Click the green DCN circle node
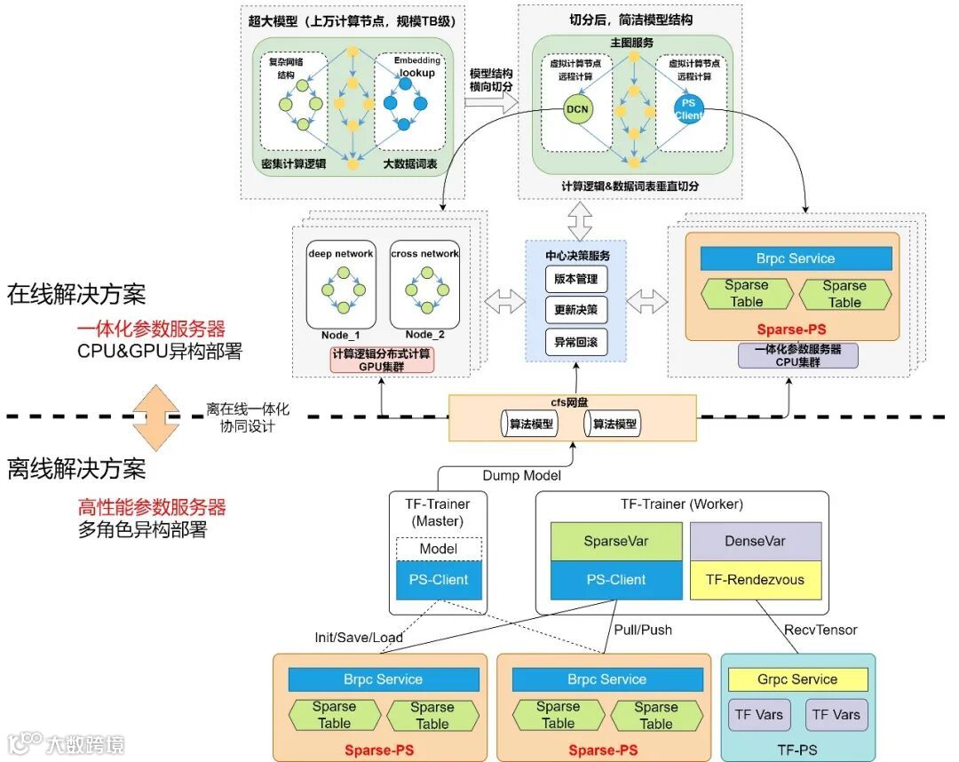pyautogui.click(x=577, y=110)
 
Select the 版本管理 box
pyautogui.click(x=576, y=280)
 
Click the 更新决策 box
pyautogui.click(x=576, y=311)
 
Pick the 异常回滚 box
pyautogui.click(x=576, y=342)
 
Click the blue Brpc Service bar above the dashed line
pyautogui.click(x=796, y=258)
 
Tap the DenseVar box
pyautogui.click(x=755, y=542)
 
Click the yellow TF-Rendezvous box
pyautogui.click(x=755, y=580)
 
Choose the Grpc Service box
pyautogui.click(x=797, y=679)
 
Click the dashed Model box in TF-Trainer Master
pyautogui.click(x=439, y=549)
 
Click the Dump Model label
pyautogui.click(x=521, y=475)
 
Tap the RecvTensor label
pyautogui.click(x=820, y=630)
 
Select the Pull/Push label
pyautogui.click(x=643, y=630)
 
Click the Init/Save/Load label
pyautogui.click(x=359, y=638)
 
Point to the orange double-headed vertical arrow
pyautogui.click(x=151, y=417)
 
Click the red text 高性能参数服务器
pyautogui.click(x=152, y=507)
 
